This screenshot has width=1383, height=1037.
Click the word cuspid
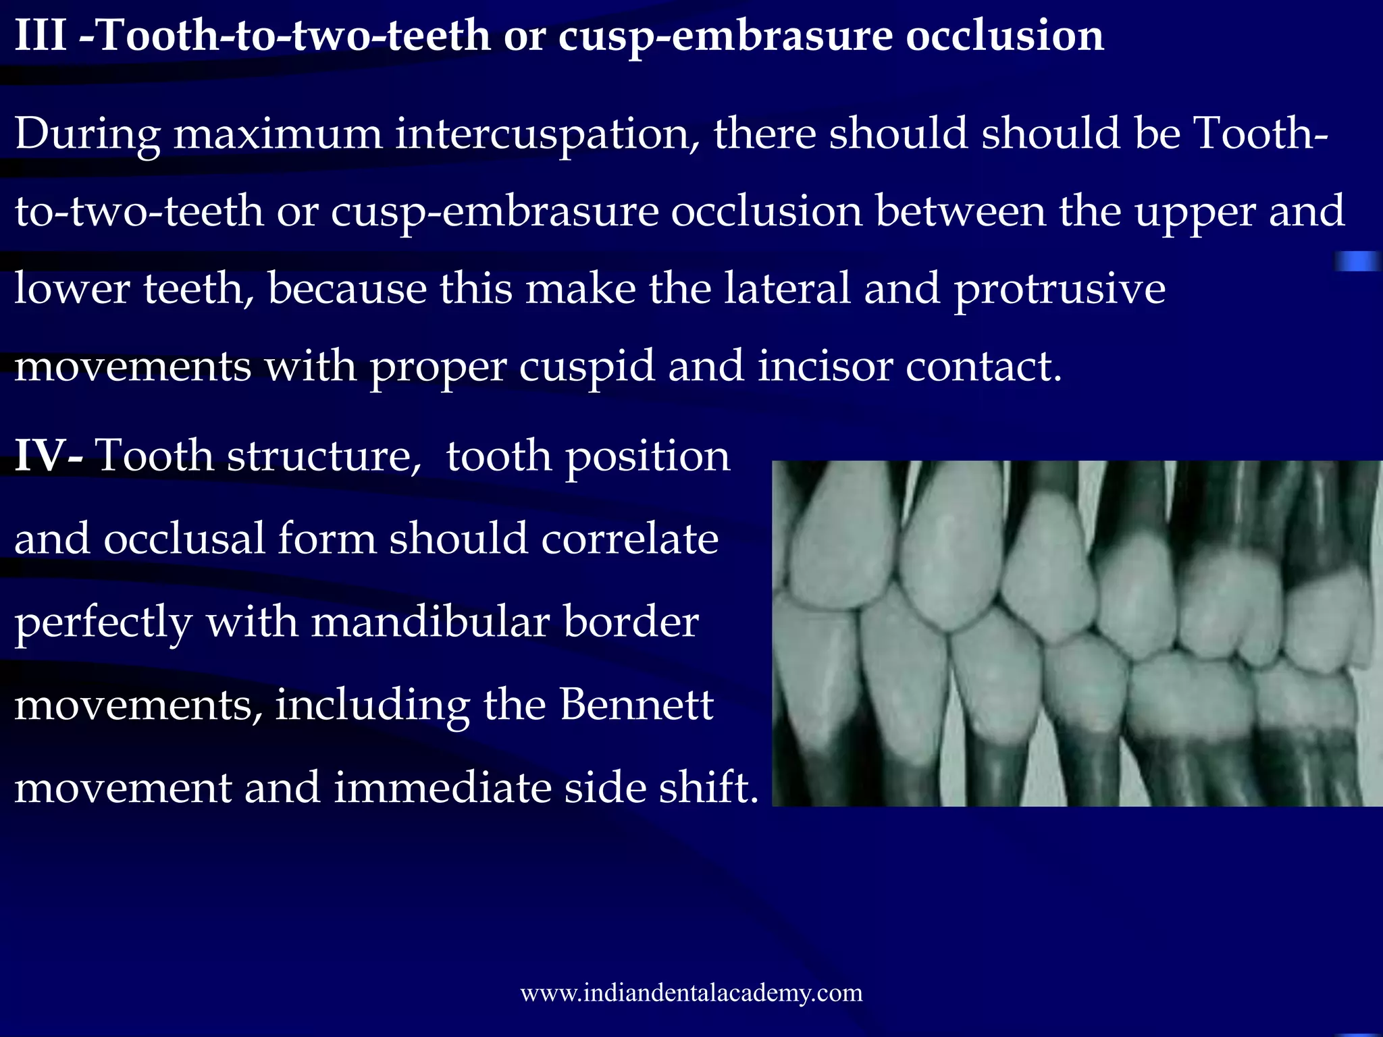pyautogui.click(x=587, y=367)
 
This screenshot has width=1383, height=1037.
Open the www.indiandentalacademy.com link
pyautogui.click(x=691, y=993)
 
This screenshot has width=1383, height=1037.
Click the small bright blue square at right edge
pyautogui.click(x=1356, y=261)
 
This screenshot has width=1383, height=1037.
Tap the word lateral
pyautogui.click(x=787, y=289)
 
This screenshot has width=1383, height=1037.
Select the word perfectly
pyautogui.click(x=103, y=622)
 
